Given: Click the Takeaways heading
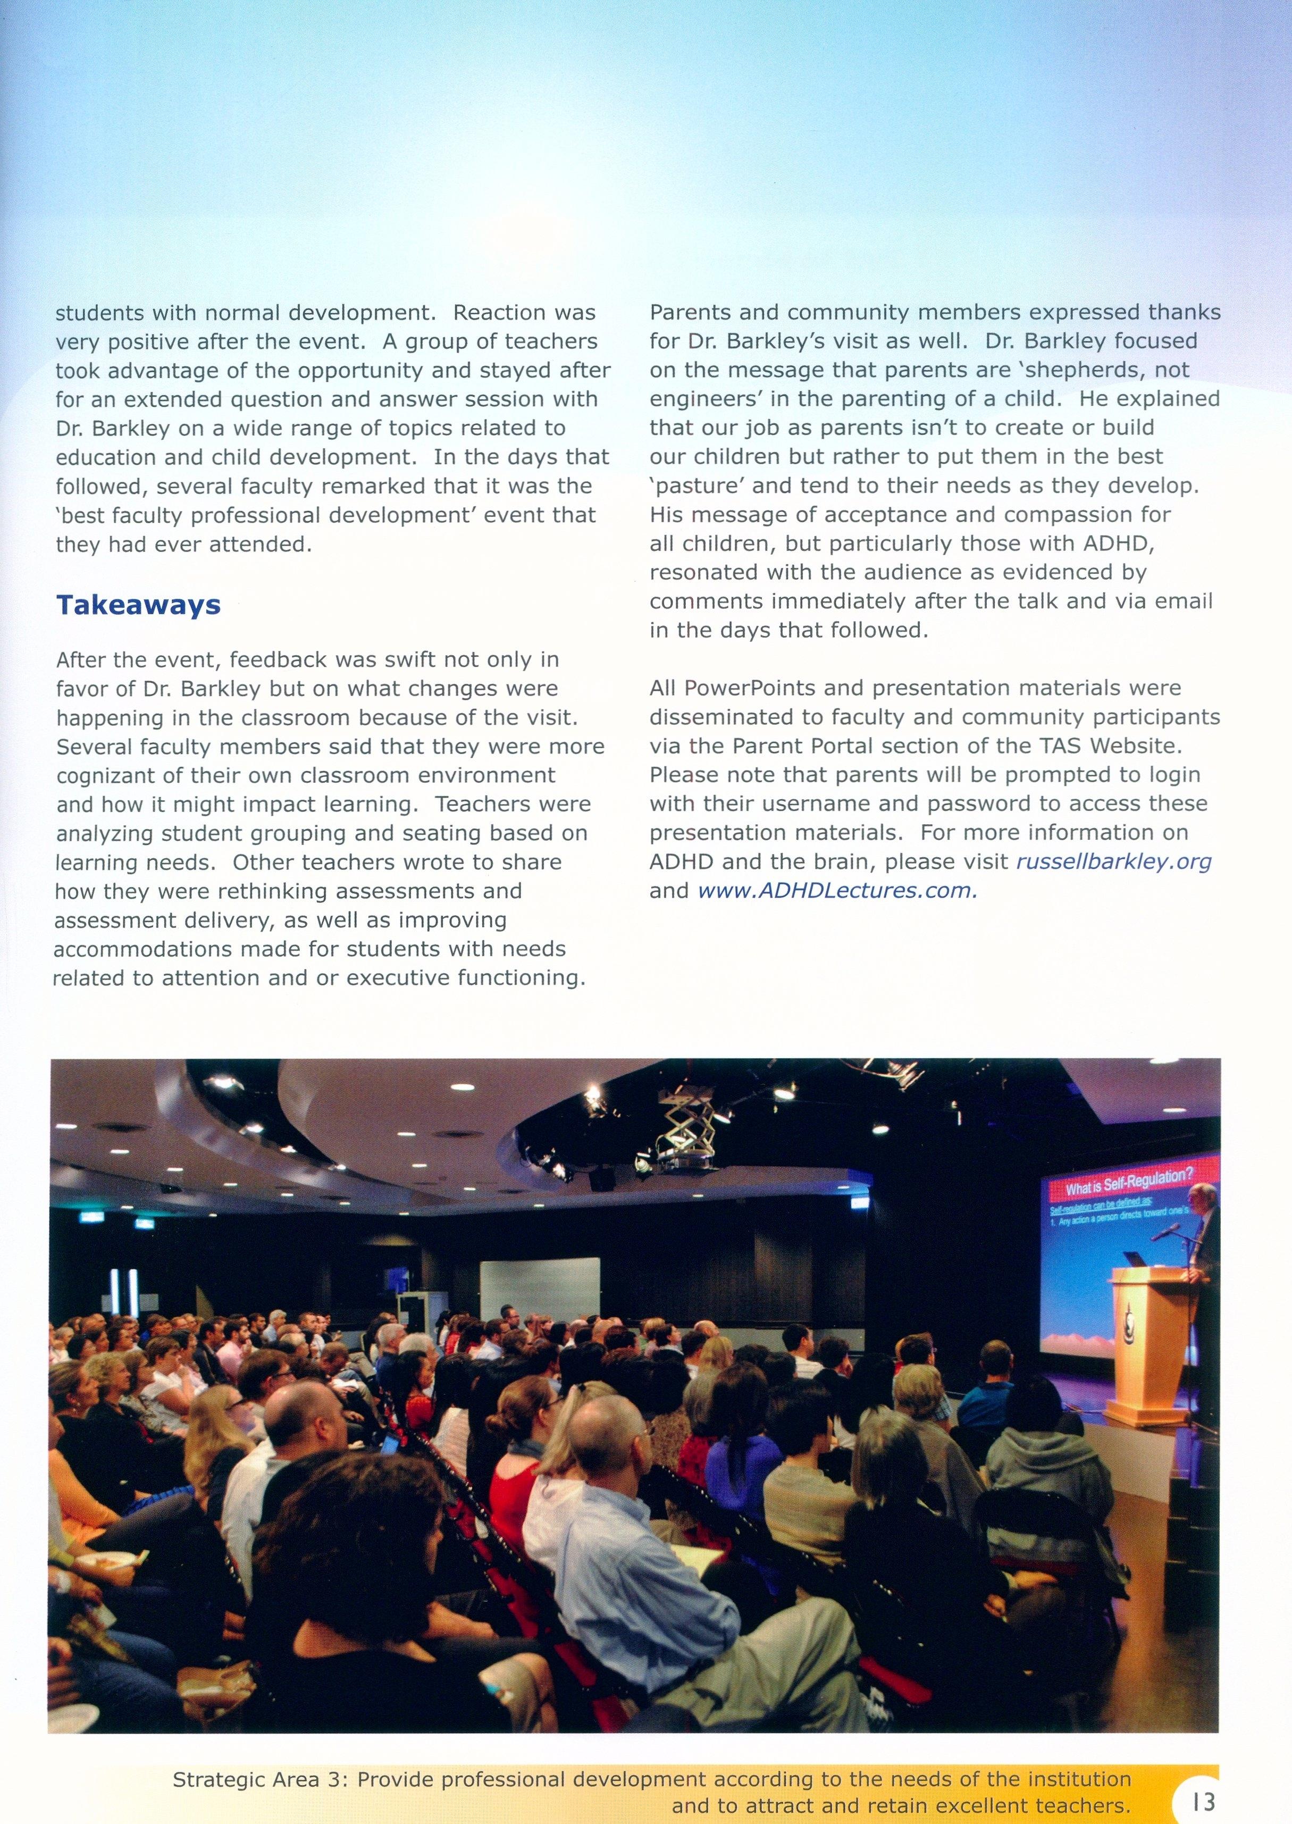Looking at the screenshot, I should [x=138, y=605].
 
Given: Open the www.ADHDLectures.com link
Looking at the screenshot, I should [x=837, y=891].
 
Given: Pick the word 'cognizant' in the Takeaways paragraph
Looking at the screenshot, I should [x=107, y=775].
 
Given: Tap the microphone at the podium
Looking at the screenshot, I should [x=1165, y=1233].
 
